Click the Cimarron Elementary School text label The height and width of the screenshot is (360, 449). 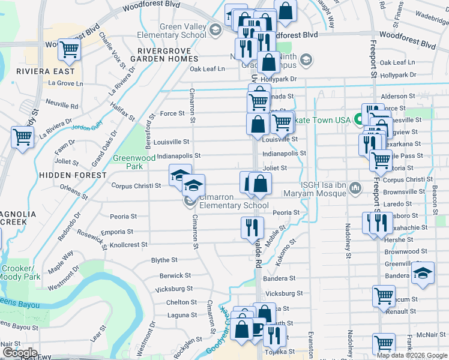(x=234, y=201)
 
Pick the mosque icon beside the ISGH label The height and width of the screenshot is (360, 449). (x=355, y=189)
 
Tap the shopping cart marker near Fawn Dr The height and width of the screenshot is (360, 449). (x=23, y=137)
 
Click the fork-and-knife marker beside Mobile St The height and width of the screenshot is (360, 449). (x=252, y=227)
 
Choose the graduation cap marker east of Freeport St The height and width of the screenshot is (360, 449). (x=423, y=274)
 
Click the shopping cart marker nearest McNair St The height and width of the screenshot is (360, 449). (x=384, y=344)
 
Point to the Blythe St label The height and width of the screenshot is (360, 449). (x=164, y=260)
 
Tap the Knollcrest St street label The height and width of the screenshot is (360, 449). (x=128, y=245)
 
